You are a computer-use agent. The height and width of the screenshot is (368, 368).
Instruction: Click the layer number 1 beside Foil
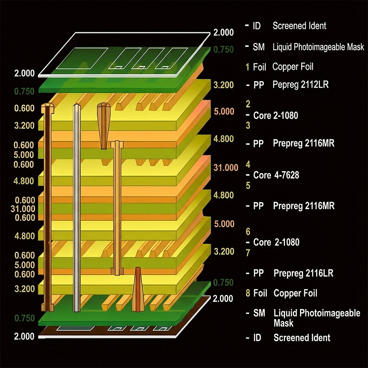tap(247, 67)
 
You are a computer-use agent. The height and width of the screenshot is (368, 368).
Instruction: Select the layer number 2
tap(247, 104)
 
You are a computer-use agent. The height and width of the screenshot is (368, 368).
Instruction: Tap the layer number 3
tap(247, 125)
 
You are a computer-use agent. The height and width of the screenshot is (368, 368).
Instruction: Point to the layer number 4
tap(247, 164)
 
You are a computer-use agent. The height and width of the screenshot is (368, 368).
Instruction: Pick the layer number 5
tap(247, 186)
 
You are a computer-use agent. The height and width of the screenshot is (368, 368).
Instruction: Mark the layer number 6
tap(247, 231)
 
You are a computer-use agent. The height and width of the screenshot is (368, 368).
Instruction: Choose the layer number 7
tap(247, 253)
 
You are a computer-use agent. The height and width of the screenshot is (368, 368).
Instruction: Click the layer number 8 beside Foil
tap(247, 293)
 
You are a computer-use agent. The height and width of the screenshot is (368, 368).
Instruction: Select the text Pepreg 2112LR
tap(300, 85)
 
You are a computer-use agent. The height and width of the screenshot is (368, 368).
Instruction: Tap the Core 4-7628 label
tap(276, 175)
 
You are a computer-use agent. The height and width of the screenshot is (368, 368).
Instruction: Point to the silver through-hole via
tap(77, 207)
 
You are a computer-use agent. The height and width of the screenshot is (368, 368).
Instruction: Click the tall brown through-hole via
tap(48, 207)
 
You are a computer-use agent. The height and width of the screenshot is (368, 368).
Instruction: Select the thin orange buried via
tap(118, 207)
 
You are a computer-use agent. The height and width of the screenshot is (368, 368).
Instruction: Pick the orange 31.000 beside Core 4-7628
tap(226, 167)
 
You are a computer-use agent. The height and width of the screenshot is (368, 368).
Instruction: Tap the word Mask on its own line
tap(284, 323)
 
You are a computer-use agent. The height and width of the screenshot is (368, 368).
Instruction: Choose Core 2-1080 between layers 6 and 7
tap(276, 242)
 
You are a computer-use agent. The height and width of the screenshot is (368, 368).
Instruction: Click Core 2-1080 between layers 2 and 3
tap(276, 115)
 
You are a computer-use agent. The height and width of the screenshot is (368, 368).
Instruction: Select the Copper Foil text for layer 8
tap(296, 293)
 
